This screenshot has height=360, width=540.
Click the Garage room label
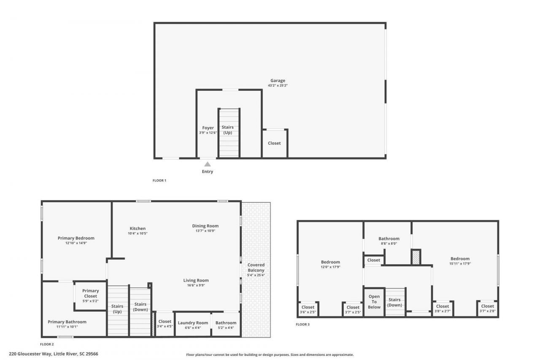(x=278, y=81)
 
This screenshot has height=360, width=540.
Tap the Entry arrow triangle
(x=208, y=164)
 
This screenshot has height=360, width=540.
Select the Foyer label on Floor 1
(x=208, y=128)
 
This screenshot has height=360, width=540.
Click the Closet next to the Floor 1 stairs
(x=274, y=143)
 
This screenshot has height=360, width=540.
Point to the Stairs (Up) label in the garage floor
(x=228, y=130)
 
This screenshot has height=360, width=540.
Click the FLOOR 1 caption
(x=159, y=181)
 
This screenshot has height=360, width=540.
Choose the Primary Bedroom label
(x=76, y=238)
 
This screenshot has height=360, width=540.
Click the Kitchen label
(x=138, y=228)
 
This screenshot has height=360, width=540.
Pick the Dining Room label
(x=205, y=226)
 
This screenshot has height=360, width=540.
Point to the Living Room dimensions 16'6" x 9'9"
(x=196, y=285)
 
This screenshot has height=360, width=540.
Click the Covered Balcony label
(x=256, y=268)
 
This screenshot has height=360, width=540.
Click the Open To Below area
(x=374, y=302)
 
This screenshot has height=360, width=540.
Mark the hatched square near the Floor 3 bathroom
(x=416, y=257)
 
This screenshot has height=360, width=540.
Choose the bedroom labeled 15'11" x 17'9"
(x=459, y=261)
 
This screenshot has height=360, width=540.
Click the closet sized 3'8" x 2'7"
(x=443, y=309)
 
